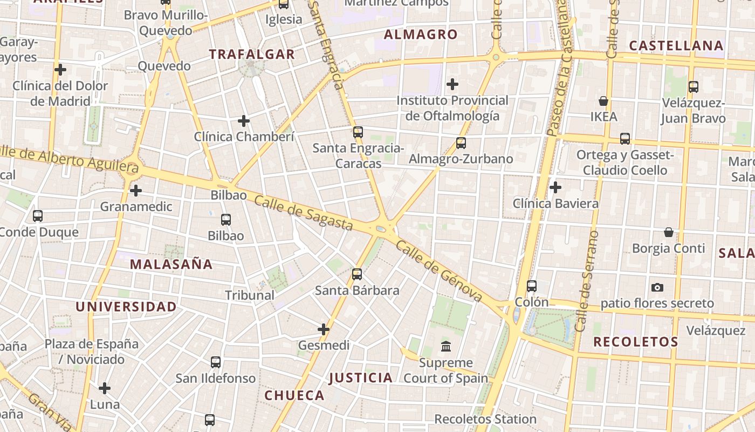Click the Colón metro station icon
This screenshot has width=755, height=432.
[532, 286]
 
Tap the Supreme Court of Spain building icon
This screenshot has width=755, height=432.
[446, 347]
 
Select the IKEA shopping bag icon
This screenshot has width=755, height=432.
[603, 101]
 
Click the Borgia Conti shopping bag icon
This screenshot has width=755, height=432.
[669, 232]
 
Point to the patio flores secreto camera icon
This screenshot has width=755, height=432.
[657, 287]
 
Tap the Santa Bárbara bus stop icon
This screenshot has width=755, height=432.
[357, 274]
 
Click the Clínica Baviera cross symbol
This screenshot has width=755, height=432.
[555, 187]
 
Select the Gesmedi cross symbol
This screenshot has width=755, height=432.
[324, 329]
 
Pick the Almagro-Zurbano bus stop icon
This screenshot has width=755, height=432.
[461, 143]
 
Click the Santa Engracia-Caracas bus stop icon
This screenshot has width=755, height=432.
[358, 132]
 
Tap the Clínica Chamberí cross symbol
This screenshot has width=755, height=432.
[244, 121]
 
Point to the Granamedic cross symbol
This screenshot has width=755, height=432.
[136, 191]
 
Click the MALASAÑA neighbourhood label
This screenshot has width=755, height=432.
[171, 264]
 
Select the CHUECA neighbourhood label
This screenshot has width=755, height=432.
[294, 395]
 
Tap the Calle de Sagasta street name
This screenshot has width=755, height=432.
[303, 213]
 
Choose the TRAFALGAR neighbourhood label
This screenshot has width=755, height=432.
[252, 54]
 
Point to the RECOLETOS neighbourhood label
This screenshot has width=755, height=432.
[636, 342]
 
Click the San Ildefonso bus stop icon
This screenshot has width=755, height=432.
[216, 362]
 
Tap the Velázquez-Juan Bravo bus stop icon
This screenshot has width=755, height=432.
[694, 87]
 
